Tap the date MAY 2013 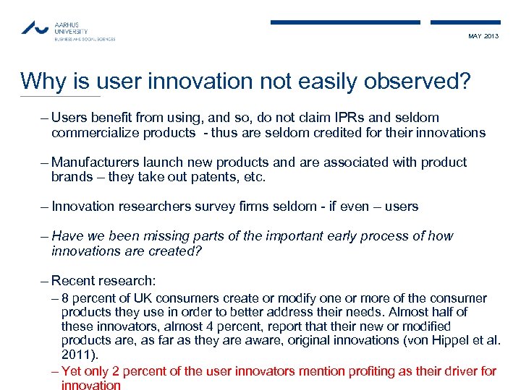[483, 36]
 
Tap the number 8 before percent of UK [66, 298]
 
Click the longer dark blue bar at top [345, 22]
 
